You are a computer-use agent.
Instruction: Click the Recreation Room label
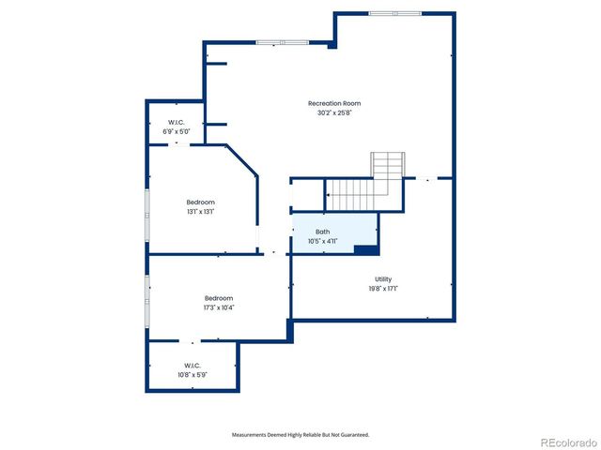pos(334,103)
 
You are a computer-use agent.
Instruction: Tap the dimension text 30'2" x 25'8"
pos(334,113)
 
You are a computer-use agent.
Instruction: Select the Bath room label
pos(322,232)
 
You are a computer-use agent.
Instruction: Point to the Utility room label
pos(382,278)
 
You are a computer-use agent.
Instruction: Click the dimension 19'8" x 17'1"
pos(382,289)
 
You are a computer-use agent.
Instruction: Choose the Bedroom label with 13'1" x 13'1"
pos(200,202)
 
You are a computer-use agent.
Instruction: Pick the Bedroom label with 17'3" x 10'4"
pos(219,298)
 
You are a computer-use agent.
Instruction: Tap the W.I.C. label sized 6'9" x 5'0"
pos(176,123)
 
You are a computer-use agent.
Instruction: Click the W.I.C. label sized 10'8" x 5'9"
pos(192,365)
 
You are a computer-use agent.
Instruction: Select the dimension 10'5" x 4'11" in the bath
pos(322,241)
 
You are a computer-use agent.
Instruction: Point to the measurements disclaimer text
pos(300,435)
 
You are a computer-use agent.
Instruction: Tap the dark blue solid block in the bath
pos(366,248)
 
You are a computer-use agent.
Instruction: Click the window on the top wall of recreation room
pos(394,13)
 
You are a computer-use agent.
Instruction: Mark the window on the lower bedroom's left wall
pos(146,301)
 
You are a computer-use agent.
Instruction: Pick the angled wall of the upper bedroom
pos(241,158)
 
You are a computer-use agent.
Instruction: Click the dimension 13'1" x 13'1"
pos(200,212)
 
